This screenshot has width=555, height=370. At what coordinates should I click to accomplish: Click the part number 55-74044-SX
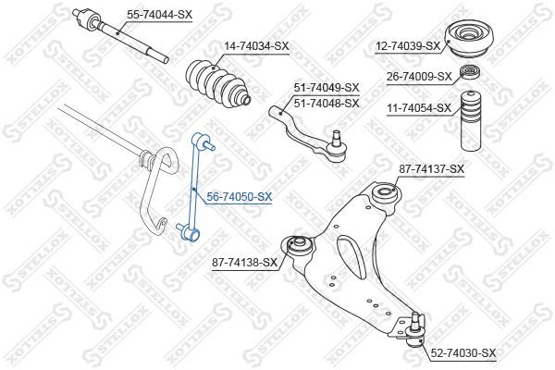pos(160,15)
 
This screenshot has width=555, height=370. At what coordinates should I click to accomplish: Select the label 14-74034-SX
pos(256,46)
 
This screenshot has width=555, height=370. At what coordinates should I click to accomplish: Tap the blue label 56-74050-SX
pos(240,197)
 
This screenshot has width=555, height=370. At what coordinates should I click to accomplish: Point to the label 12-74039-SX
pos(408,45)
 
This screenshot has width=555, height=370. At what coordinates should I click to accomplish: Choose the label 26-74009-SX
pos(419,77)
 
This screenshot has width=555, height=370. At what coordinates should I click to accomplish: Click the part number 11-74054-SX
pos(419,107)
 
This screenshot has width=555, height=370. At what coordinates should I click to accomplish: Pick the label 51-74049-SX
pos(327,88)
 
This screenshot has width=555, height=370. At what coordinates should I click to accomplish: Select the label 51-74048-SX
pos(327,104)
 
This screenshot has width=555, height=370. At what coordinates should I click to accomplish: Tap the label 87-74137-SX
pos(431,169)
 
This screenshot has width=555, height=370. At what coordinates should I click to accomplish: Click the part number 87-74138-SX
pos(244,263)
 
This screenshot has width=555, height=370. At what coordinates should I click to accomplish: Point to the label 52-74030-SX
pos(463,353)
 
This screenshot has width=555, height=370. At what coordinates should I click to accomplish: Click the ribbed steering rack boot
pos(218,83)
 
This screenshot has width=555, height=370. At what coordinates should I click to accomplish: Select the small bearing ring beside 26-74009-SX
pos(470,72)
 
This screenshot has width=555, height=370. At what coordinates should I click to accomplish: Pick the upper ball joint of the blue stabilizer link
pos(202,141)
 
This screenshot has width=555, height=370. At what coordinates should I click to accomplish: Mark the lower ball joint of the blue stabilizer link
pos(189,232)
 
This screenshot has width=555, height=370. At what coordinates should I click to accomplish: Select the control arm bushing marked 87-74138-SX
pos(298,246)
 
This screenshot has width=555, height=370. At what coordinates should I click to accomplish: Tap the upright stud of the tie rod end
pos(337,136)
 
